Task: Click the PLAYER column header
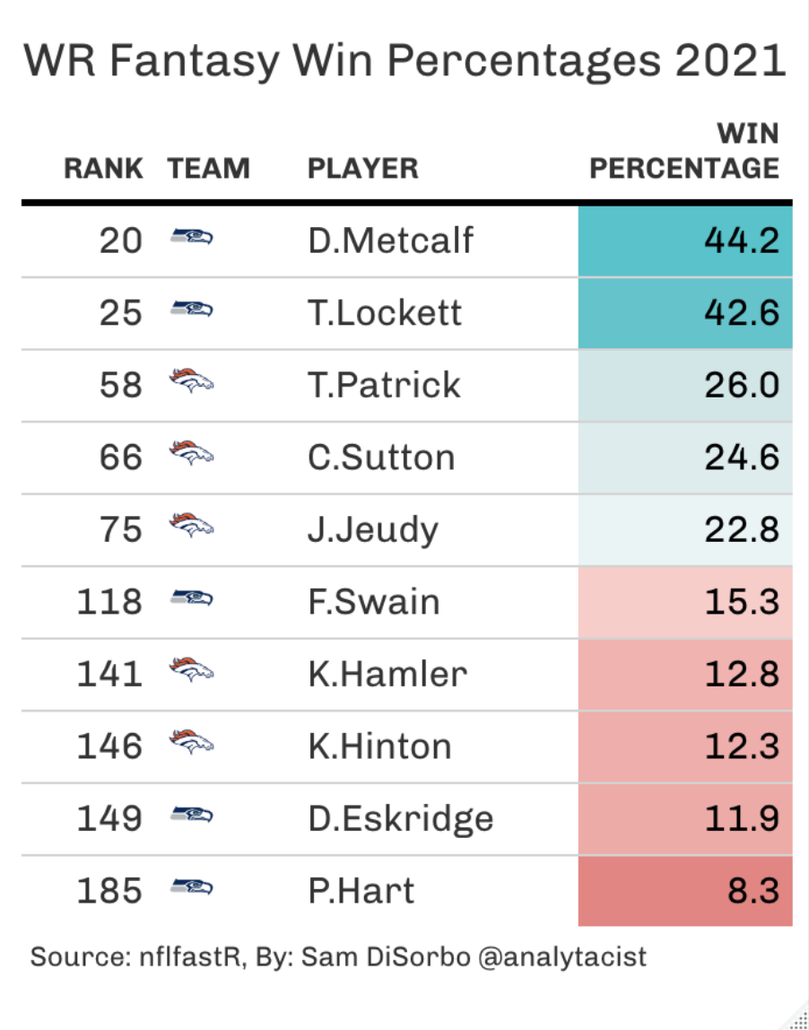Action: pyautogui.click(x=362, y=168)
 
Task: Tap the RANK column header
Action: pyautogui.click(x=103, y=168)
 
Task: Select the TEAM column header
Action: pyautogui.click(x=208, y=168)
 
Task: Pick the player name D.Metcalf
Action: pyautogui.click(x=390, y=240)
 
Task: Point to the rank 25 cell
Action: pyautogui.click(x=120, y=313)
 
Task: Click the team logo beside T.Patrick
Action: pyautogui.click(x=192, y=382)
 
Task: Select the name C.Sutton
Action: pyautogui.click(x=381, y=458)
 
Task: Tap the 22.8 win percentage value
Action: pyautogui.click(x=741, y=529)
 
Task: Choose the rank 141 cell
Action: pyautogui.click(x=109, y=674)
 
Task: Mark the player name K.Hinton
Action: pyautogui.click(x=379, y=746)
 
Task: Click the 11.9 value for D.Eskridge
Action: pyautogui.click(x=741, y=818)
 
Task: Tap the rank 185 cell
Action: pyautogui.click(x=109, y=891)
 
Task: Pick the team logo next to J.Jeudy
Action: pyautogui.click(x=192, y=527)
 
